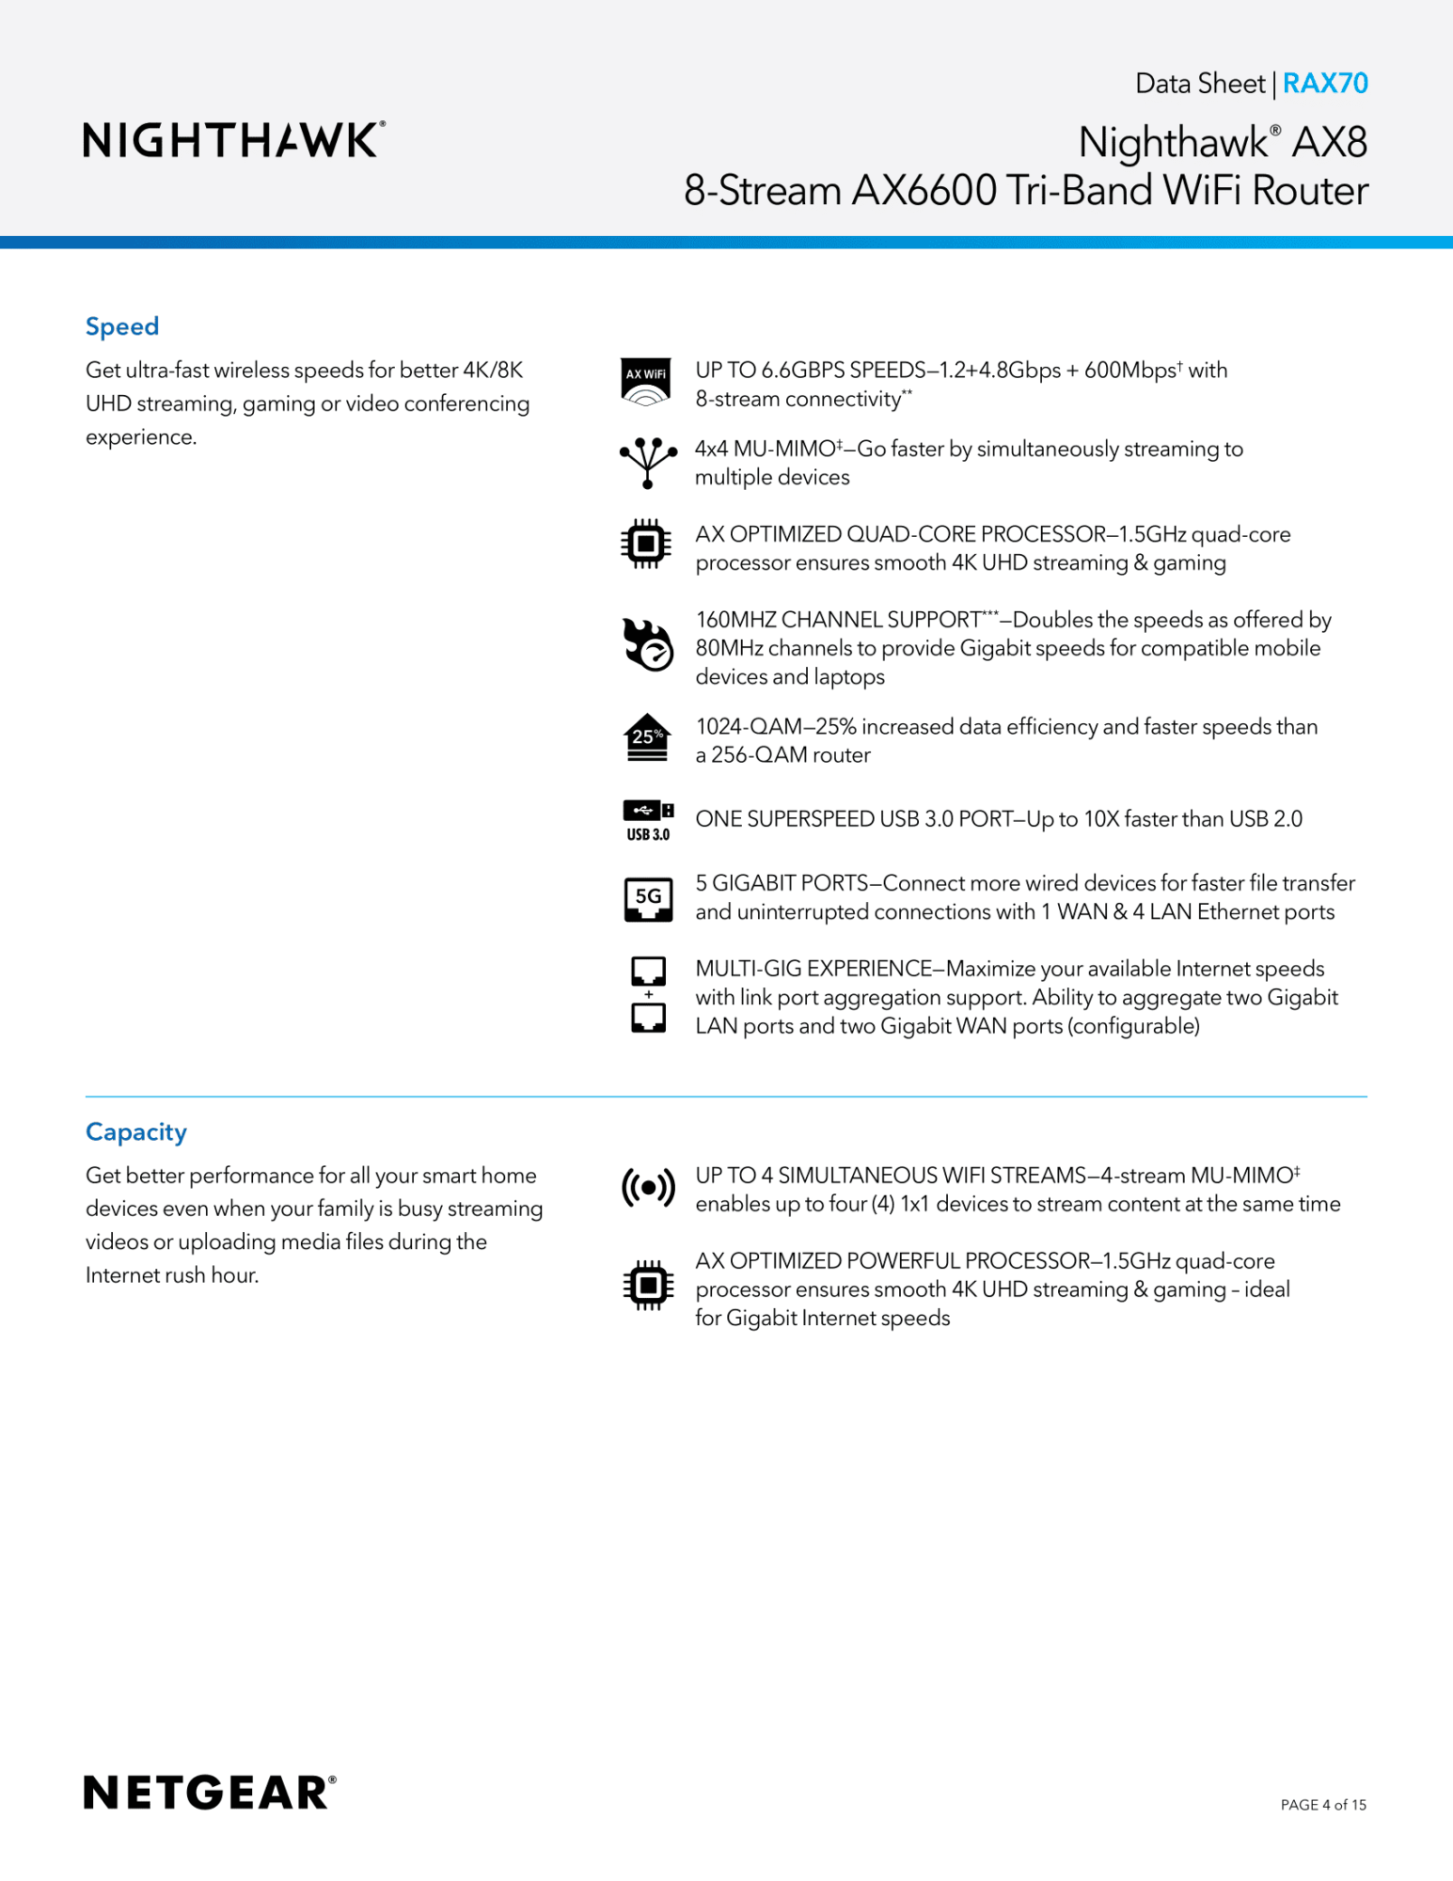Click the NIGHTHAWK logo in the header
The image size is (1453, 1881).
pyautogui.click(x=234, y=140)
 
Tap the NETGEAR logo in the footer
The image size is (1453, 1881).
pyautogui.click(x=210, y=1793)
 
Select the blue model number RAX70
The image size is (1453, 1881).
pyautogui.click(x=1324, y=84)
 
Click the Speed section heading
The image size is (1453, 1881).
pyautogui.click(x=122, y=326)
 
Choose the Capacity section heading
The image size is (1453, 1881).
pyautogui.click(x=136, y=1131)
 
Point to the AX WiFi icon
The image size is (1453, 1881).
pyautogui.click(x=646, y=382)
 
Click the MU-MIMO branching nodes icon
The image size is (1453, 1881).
pyautogui.click(x=647, y=462)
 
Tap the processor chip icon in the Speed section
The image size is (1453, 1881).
pyautogui.click(x=646, y=544)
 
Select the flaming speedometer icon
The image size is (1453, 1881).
pyautogui.click(x=647, y=645)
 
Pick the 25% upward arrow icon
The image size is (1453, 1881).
pyautogui.click(x=647, y=738)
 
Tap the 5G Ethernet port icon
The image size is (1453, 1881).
pyautogui.click(x=648, y=899)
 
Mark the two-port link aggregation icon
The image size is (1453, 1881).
pyautogui.click(x=648, y=995)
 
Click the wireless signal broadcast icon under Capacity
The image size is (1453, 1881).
pyautogui.click(x=648, y=1189)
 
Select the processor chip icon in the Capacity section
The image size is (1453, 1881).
pyautogui.click(x=648, y=1286)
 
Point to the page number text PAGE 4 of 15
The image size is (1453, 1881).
pyautogui.click(x=1323, y=1805)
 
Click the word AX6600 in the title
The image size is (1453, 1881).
pyautogui.click(x=924, y=191)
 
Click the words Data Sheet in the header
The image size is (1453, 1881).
pyautogui.click(x=1199, y=84)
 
